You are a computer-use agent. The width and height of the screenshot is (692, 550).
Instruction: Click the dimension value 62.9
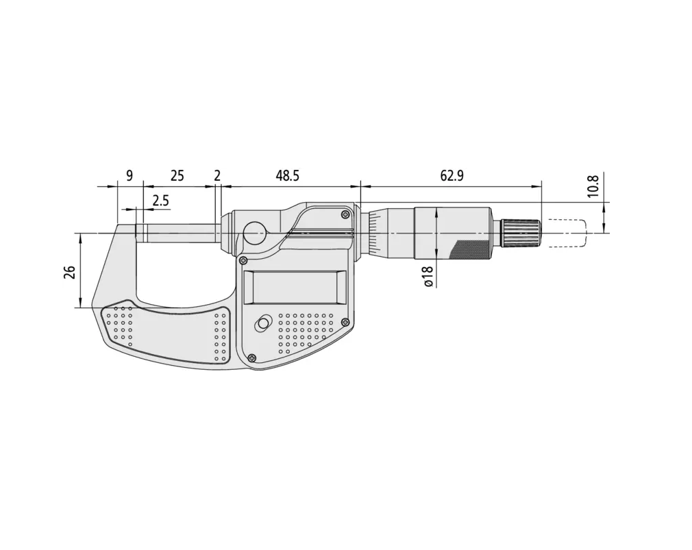[452, 176]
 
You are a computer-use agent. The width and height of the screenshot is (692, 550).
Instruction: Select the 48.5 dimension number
[287, 176]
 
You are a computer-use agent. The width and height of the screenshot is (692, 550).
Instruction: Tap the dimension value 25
[177, 176]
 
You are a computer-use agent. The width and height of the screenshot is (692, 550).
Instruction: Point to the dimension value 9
[129, 176]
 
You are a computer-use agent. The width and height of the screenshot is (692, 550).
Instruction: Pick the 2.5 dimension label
[160, 201]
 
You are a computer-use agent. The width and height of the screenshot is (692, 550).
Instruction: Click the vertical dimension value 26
[70, 272]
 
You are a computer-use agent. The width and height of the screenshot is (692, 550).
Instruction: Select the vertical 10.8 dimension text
[593, 186]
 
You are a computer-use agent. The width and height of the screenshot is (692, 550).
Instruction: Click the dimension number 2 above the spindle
[217, 176]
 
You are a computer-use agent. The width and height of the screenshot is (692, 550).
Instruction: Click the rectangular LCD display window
[295, 287]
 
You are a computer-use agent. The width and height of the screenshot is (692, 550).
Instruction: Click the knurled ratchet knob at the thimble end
[521, 233]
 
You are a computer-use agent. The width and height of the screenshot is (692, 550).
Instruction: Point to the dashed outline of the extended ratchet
[566, 233]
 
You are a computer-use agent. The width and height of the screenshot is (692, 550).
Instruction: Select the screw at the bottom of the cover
[254, 356]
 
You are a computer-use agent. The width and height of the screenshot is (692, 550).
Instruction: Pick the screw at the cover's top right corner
[346, 214]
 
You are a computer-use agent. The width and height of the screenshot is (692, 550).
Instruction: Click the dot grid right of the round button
[306, 327]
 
